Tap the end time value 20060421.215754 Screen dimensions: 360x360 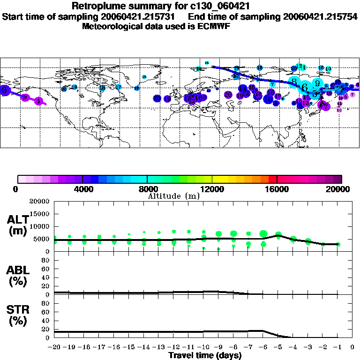321,16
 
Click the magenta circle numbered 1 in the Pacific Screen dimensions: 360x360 39,101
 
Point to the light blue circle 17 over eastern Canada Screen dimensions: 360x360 119,87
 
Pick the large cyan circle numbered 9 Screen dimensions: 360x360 317,83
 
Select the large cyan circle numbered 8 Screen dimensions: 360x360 294,82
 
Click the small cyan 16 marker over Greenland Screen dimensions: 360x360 144,77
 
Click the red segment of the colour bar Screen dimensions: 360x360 272,179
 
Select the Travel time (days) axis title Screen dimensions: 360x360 205,356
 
